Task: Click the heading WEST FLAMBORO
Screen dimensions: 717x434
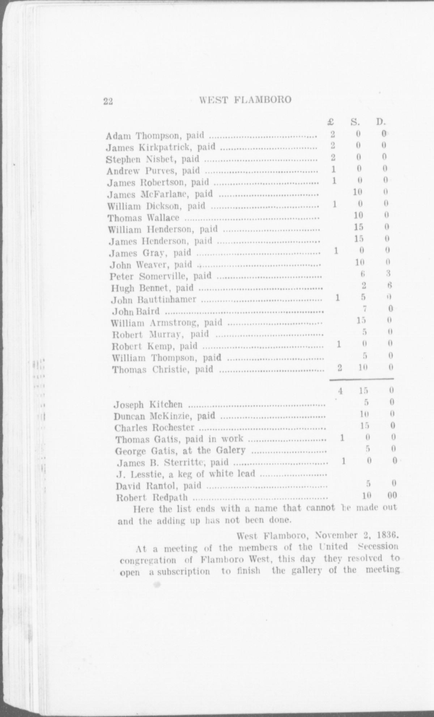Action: [x=245, y=99]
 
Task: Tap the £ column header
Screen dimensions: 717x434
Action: [x=331, y=122]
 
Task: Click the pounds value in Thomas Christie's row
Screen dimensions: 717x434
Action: [x=340, y=368]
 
